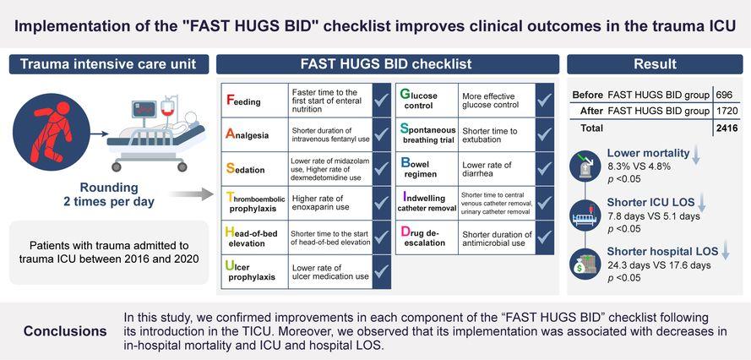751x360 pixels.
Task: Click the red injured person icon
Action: (52, 131)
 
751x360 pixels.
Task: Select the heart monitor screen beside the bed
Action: (144, 111)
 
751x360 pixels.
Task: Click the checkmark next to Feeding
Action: (381, 101)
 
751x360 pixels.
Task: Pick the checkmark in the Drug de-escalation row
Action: (545, 237)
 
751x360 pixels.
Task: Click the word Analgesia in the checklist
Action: (247, 134)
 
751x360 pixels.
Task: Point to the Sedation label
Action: (245, 169)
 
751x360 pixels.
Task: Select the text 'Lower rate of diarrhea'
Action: (487, 169)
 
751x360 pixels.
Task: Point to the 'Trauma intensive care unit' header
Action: (109, 64)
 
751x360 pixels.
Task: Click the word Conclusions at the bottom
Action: (65, 331)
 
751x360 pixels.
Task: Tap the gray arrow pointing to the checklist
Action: (191, 194)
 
